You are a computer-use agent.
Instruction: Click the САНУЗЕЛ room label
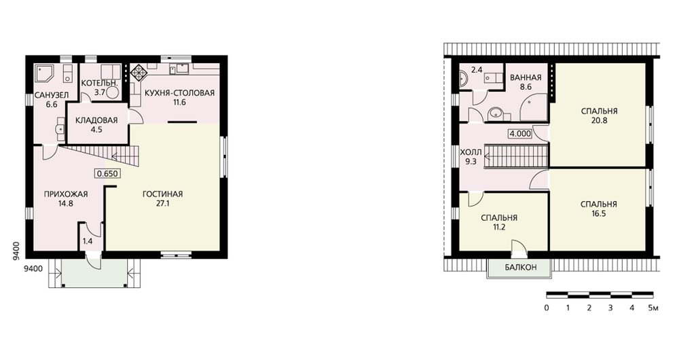point(52,95)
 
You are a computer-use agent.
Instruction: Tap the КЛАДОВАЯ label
point(96,120)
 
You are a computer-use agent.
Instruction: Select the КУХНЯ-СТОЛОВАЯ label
point(180,93)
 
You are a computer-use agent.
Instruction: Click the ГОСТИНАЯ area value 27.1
point(163,203)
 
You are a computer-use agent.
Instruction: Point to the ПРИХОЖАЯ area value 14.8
point(66,203)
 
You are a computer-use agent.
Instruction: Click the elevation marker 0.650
point(107,174)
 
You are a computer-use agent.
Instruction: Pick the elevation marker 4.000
point(520,133)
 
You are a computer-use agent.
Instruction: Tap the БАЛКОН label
point(521,268)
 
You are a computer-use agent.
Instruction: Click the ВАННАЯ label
point(526,77)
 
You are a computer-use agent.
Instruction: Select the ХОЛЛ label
point(471,152)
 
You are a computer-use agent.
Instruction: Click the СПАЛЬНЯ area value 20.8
point(600,120)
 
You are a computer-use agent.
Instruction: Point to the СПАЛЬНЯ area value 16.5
point(598,213)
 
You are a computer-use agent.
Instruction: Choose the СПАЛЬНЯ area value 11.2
point(499,228)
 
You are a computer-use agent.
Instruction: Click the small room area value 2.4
point(477,69)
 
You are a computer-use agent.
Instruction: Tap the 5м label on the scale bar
point(653,308)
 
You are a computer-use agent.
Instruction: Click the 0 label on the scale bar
point(547,308)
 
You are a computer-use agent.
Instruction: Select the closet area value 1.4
point(88,241)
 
